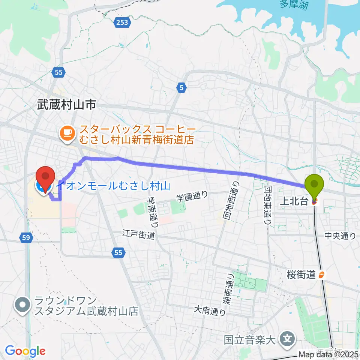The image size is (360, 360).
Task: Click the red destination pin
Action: click(x=45, y=177)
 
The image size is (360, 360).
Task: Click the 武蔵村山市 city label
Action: click(x=66, y=105)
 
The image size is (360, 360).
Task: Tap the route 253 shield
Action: click(x=121, y=22)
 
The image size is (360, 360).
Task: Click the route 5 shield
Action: click(x=181, y=88)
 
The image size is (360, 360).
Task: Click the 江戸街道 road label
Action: click(x=138, y=234)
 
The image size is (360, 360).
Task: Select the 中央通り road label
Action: click(x=340, y=236)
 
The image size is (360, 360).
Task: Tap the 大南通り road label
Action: click(x=209, y=310)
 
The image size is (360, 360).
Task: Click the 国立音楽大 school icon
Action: click(x=288, y=340)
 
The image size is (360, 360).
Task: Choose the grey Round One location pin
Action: click(x=22, y=304)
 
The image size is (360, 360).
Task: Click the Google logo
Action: click(x=25, y=351)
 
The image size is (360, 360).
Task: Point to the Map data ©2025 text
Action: click(x=328, y=354)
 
